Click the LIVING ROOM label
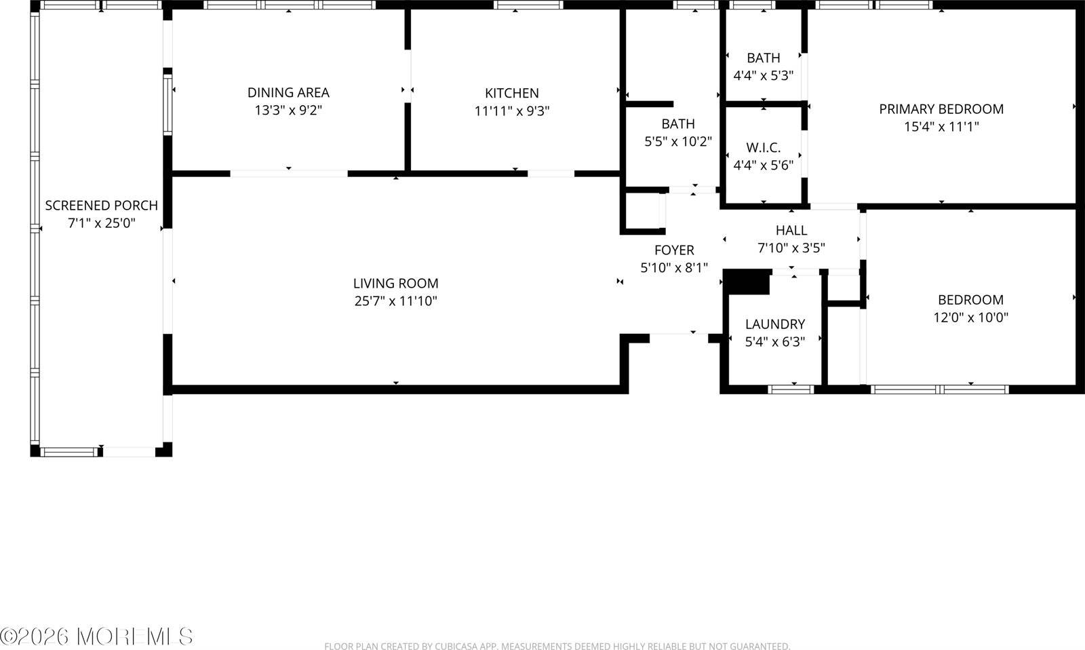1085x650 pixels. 395,284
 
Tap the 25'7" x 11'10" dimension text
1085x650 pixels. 395,301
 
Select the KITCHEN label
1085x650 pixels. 512,94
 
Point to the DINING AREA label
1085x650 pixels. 288,92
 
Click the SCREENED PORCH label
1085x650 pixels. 102,205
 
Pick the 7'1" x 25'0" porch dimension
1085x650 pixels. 102,223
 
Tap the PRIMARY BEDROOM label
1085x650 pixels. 941,109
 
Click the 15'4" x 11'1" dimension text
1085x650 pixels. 941,126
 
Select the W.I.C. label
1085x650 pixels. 764,147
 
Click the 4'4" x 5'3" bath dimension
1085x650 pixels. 764,75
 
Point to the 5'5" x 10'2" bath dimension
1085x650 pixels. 678,141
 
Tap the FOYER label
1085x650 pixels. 674,250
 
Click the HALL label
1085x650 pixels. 791,231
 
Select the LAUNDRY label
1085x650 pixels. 775,324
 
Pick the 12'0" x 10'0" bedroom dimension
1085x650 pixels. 970,317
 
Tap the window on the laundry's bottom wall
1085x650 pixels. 791,389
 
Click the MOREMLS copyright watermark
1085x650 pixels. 97,636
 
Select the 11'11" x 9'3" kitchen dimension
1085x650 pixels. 512,111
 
